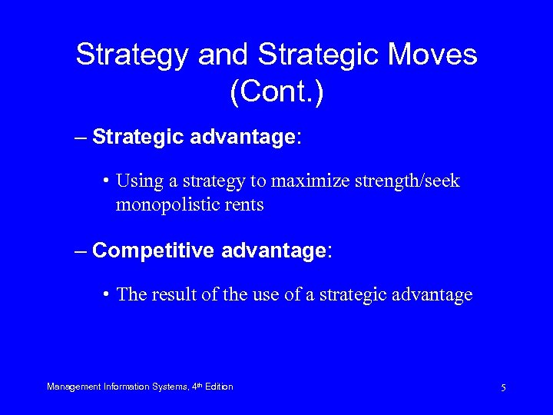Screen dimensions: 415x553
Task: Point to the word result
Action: [x=173, y=295]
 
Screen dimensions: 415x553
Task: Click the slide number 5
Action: [x=503, y=388]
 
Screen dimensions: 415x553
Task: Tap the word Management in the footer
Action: [x=74, y=387]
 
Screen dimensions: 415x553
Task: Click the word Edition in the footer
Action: [x=219, y=387]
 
